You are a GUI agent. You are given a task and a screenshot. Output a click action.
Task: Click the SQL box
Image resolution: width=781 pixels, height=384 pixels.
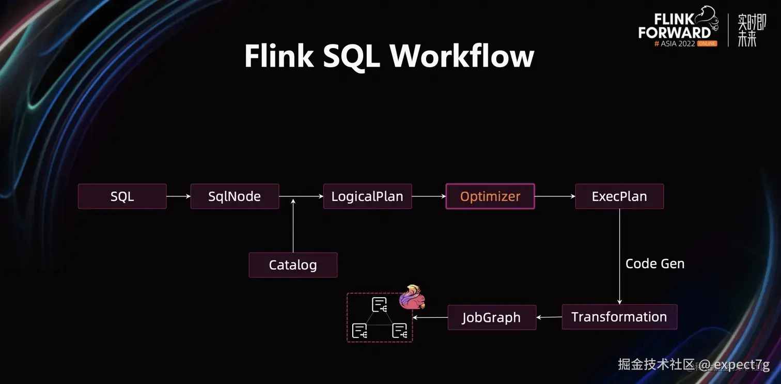tap(122, 196)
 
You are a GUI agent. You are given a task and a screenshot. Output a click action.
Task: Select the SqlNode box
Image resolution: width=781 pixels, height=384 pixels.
tap(235, 196)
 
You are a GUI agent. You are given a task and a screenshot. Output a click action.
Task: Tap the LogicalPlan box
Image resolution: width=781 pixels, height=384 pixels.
tap(367, 196)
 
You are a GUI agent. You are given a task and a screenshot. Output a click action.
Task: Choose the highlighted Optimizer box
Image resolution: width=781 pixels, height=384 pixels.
tap(490, 196)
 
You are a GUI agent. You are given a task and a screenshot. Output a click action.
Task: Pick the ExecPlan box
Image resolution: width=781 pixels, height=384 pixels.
tap(619, 196)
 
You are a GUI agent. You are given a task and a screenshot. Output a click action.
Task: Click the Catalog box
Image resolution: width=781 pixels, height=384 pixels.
tap(293, 265)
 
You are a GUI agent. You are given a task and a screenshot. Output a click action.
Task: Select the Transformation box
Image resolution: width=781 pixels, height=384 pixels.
tap(619, 317)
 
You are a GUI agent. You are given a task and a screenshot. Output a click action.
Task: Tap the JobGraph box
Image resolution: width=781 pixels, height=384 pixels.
tap(492, 317)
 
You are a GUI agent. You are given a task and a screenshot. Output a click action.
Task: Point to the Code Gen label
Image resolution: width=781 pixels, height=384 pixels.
tap(655, 264)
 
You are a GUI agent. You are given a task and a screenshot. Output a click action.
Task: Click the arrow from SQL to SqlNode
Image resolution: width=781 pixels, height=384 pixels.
tap(179, 196)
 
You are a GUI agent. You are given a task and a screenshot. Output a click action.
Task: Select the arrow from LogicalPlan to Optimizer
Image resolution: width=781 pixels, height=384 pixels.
tap(429, 196)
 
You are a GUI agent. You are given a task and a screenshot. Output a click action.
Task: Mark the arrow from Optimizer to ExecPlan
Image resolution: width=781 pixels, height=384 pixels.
tap(555, 196)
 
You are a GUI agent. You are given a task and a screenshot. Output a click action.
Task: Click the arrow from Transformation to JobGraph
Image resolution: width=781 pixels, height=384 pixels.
tap(549, 317)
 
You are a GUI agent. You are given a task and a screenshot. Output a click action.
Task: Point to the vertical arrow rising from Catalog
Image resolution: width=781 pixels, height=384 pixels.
tap(293, 226)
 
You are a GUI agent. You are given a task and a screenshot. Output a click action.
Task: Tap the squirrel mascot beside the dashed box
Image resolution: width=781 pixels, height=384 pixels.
tap(412, 297)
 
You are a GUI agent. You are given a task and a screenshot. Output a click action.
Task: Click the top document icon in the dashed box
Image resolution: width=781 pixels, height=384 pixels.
tap(380, 304)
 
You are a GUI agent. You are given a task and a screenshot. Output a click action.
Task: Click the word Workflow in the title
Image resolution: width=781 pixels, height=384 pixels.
tap(462, 56)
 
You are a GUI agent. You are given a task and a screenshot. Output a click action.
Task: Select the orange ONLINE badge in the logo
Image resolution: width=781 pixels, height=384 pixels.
tap(707, 43)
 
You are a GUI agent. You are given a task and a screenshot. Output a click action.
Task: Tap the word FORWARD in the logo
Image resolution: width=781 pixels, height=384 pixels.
tap(675, 33)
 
